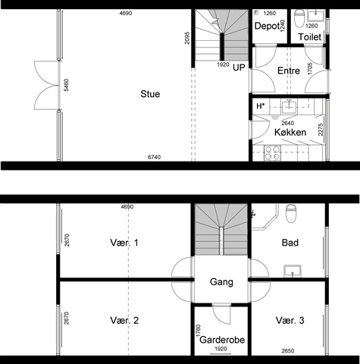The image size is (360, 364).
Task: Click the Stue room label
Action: (150, 94)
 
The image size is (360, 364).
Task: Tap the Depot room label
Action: (267, 26)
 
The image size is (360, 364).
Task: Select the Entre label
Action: (289, 71)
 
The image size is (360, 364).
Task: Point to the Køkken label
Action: (290, 132)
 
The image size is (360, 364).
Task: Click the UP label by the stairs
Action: (239, 67)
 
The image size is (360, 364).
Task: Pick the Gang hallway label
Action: (221, 282)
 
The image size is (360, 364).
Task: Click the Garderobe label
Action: (222, 340)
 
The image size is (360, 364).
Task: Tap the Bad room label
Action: (290, 243)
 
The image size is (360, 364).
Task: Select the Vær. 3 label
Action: (290, 321)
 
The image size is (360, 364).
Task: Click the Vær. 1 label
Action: (124, 243)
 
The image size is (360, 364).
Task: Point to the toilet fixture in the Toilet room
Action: (299, 18)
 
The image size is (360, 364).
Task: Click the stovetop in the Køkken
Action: (272, 153)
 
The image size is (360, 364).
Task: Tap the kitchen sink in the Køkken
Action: (290, 106)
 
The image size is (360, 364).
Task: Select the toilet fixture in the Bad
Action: (291, 214)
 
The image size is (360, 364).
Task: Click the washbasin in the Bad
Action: (293, 271)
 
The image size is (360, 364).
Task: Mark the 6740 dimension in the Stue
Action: (154, 157)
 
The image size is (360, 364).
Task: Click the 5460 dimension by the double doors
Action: (66, 85)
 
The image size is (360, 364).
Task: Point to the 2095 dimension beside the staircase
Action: (187, 38)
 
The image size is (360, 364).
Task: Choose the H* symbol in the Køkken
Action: (261, 106)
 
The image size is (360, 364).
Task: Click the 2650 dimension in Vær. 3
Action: (288, 351)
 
